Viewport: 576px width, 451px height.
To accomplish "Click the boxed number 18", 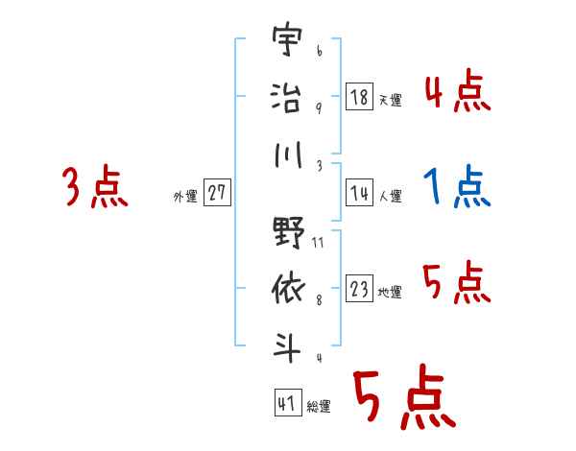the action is [x=359, y=96].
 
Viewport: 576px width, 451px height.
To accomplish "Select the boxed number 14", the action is [x=359, y=192].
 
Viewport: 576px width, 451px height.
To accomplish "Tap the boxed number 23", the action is [x=359, y=289].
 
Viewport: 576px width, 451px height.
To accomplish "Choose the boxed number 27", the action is [x=217, y=193].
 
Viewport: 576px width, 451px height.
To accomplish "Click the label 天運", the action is [x=390, y=100].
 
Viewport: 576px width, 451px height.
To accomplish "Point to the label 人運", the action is [x=390, y=196].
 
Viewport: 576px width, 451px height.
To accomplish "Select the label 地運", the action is [x=390, y=293].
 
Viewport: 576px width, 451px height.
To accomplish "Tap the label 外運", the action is [x=184, y=197].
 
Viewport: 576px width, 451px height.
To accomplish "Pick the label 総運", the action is [x=319, y=406].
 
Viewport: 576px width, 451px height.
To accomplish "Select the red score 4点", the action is [x=457, y=92].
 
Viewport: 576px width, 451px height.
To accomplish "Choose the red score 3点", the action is [x=95, y=186].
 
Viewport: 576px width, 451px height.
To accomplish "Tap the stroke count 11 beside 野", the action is [x=318, y=243].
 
